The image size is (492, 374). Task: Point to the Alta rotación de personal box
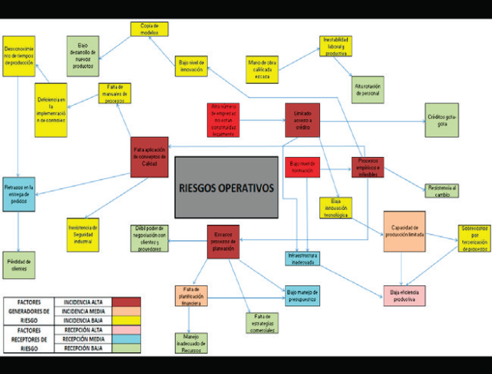(367, 89)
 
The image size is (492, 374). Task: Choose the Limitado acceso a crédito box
(302, 120)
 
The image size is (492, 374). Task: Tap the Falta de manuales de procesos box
(114, 93)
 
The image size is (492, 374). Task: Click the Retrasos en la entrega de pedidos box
(19, 194)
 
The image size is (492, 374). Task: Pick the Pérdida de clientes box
(19, 264)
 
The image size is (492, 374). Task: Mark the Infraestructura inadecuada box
(303, 258)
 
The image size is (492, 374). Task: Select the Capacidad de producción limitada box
(404, 231)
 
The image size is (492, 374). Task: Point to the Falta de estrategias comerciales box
(262, 321)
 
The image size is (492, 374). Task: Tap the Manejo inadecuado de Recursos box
(191, 342)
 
